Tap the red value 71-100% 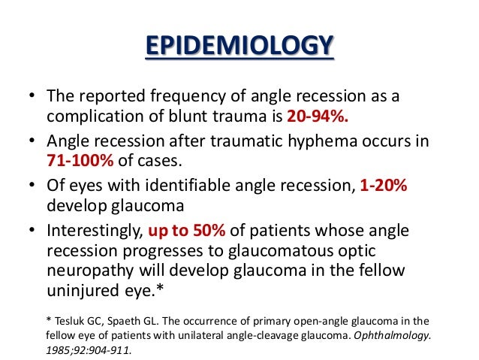coord(78,161)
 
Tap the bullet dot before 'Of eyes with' coord(31,187)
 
